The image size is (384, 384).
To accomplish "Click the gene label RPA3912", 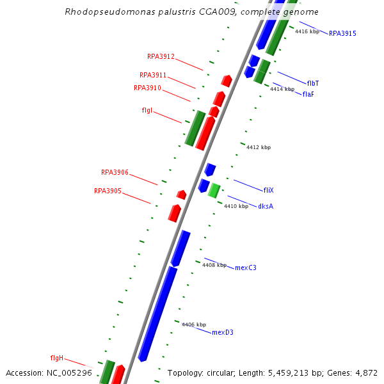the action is pyautogui.click(x=161, y=56).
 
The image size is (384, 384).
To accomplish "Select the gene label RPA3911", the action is pyautogui.click(x=153, y=75).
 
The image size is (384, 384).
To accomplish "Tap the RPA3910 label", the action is pyautogui.click(x=147, y=88).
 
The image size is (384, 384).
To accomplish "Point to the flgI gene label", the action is pyautogui.click(x=147, y=110).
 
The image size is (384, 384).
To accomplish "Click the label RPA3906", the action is pyautogui.click(x=115, y=172).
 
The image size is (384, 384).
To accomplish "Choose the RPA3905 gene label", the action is pyautogui.click(x=108, y=191).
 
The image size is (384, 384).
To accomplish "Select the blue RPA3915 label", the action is pyautogui.click(x=342, y=33).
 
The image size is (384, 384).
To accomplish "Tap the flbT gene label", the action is pyautogui.click(x=313, y=83).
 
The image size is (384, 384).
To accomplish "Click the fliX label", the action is pyautogui.click(x=269, y=190).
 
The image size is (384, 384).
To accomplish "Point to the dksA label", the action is pyautogui.click(x=266, y=206).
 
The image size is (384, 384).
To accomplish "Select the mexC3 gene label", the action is pyautogui.click(x=246, y=268).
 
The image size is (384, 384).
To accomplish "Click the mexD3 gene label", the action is pyautogui.click(x=223, y=332).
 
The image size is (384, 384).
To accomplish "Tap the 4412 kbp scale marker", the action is pyautogui.click(x=258, y=147).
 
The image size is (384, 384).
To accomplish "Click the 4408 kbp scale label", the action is pyautogui.click(x=214, y=265).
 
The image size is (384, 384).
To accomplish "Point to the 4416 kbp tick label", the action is pyautogui.click(x=307, y=31).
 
